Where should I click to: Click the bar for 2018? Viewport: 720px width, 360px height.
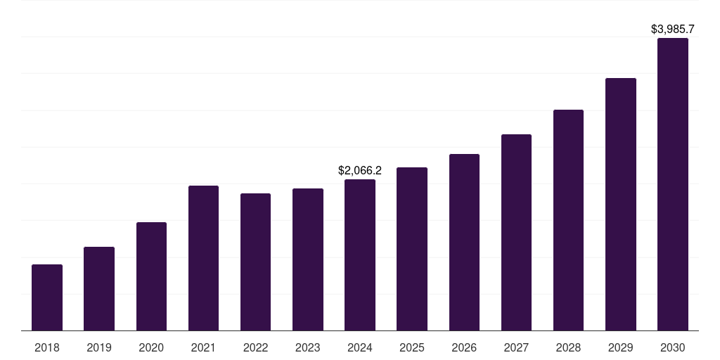pos(47,297)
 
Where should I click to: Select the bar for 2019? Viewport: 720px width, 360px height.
pos(99,289)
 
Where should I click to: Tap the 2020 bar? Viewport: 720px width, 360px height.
pos(151,276)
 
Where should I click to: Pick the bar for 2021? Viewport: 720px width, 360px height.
pos(203,258)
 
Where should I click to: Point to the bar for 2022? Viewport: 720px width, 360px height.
pos(255,262)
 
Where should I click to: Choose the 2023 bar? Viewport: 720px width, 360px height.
pos(308,259)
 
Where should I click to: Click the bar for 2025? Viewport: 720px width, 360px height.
pos(412,249)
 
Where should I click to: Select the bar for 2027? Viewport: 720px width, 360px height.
pos(516,233)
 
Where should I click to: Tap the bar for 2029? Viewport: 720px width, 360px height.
pos(620,205)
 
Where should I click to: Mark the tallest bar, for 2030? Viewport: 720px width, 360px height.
pos(673,184)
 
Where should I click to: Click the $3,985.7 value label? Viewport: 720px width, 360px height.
pos(673,30)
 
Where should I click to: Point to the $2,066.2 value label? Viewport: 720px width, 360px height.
pos(360,170)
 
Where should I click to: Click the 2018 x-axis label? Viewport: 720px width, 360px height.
pos(47,347)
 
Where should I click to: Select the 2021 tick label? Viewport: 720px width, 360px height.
pos(203,347)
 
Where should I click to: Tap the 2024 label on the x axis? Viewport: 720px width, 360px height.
pos(360,347)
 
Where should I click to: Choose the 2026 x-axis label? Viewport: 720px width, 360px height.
pos(464,347)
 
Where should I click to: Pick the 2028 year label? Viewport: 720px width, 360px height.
pos(568,347)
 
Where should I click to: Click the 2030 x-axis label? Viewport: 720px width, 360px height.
pos(673,347)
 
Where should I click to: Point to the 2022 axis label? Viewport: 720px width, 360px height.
pos(255,347)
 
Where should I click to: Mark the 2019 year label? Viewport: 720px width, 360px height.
pos(99,347)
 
